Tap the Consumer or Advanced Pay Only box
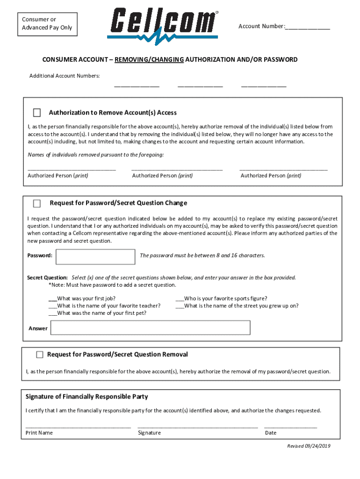click(47, 23)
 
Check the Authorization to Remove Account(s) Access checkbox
click(37, 113)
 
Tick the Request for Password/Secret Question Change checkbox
click(37, 203)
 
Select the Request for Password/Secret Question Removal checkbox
click(40, 355)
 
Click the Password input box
click(95, 256)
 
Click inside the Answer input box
click(151, 328)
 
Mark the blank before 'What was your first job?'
click(52, 298)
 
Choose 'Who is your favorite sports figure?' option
click(180, 298)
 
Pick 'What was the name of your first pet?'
click(52, 313)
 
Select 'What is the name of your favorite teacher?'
click(52, 306)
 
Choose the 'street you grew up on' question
click(180, 306)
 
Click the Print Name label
click(39, 433)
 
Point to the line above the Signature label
click(197, 426)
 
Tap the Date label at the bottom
click(271, 433)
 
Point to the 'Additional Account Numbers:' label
click(65, 76)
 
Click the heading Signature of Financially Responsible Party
click(86, 397)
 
